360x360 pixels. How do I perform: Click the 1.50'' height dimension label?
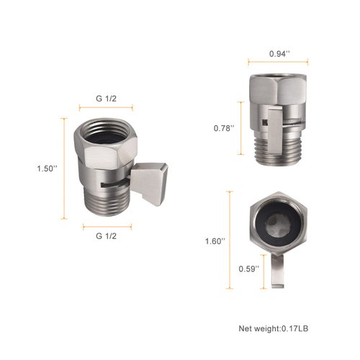[x=48, y=168]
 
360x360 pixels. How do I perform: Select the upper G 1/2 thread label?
[x=107, y=97]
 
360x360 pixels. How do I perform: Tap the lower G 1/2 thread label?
[x=107, y=235]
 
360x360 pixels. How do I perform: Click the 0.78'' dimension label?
[x=223, y=128]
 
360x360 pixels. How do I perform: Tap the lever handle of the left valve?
[x=150, y=176]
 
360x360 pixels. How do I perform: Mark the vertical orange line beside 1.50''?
[x=65, y=169]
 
